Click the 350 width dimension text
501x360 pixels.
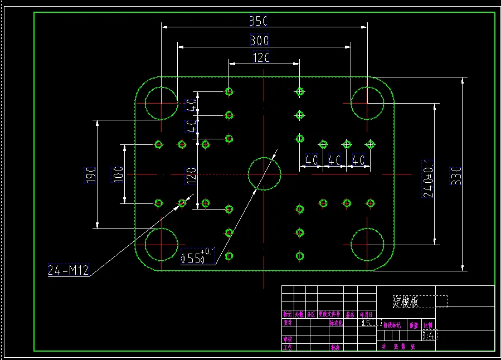tap(259, 21)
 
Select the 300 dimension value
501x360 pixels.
tap(259, 41)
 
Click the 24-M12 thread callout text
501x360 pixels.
tap(69, 271)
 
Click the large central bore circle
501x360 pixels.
tap(264, 174)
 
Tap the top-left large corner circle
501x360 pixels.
tap(162, 103)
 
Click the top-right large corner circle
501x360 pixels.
tap(367, 103)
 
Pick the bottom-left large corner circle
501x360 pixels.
tap(162, 244)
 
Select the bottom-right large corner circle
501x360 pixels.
tap(367, 244)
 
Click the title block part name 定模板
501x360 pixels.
tap(406, 302)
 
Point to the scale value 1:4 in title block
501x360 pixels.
tap(430, 335)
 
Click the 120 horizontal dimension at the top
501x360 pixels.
tap(262, 57)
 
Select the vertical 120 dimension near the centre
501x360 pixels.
tap(191, 175)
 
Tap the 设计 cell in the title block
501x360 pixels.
tap(288, 323)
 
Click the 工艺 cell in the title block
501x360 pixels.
tap(288, 347)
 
